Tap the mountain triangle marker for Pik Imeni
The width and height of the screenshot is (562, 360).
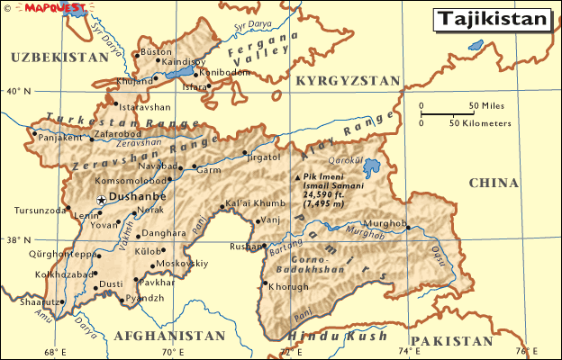point(299,177)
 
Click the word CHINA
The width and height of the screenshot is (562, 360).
point(494,183)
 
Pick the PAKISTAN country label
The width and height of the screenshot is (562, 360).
point(456,341)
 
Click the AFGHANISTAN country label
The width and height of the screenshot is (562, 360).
point(169,335)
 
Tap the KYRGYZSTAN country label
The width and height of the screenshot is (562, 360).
point(347,81)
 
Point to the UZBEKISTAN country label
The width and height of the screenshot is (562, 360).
point(59,57)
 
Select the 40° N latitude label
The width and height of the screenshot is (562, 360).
point(17,91)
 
